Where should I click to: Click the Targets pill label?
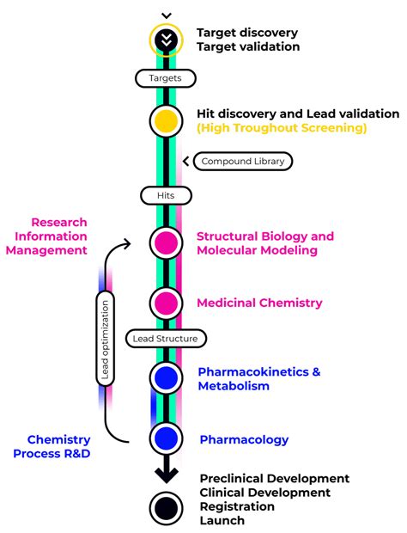pos(166,78)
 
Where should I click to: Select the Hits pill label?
pos(166,196)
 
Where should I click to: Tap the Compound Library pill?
pos(243,161)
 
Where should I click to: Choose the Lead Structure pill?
pos(165,339)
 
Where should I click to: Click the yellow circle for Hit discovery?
pos(166,120)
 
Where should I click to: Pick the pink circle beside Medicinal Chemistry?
pos(166,303)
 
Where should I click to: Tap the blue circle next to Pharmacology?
pos(166,439)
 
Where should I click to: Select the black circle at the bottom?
pos(166,507)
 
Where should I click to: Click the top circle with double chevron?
pos(166,39)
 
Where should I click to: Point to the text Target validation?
pos(248,47)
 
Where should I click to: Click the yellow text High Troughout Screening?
pos(281,128)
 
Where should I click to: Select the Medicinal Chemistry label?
pos(259,303)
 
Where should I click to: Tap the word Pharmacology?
pos(244,440)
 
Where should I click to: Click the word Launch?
pos(222,520)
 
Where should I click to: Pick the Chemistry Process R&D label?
pos(52,446)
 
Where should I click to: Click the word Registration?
pos(237,506)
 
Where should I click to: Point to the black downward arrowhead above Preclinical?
pos(166,472)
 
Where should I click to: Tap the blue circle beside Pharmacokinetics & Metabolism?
pos(166,377)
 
